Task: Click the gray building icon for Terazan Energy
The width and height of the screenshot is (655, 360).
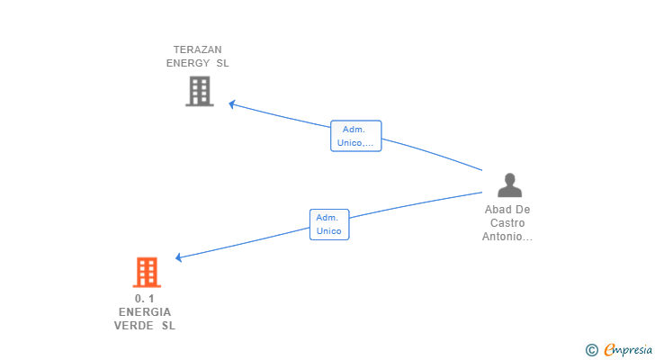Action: pyautogui.click(x=200, y=91)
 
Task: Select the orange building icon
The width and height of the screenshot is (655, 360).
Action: pyautogui.click(x=147, y=272)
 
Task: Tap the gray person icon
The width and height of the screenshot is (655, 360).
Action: pyautogui.click(x=510, y=184)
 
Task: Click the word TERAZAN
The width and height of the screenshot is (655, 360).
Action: pyautogui.click(x=198, y=49)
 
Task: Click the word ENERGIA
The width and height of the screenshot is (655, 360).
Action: pyautogui.click(x=145, y=311)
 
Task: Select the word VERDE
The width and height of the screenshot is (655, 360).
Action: pyautogui.click(x=134, y=325)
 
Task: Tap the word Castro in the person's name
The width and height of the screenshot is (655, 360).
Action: pyautogui.click(x=507, y=223)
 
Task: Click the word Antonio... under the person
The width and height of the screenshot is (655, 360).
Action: pyautogui.click(x=507, y=237)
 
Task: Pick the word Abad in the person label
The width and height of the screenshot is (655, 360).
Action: pyautogui.click(x=499, y=210)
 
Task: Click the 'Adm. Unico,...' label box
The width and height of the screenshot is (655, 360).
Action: pyautogui.click(x=356, y=136)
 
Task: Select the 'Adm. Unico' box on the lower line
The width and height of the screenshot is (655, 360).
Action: pyautogui.click(x=328, y=224)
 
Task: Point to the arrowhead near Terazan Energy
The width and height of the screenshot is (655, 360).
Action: pyautogui.click(x=231, y=104)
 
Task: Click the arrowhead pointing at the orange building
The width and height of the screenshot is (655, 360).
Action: pyautogui.click(x=179, y=257)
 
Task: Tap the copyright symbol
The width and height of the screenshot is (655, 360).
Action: pyautogui.click(x=591, y=350)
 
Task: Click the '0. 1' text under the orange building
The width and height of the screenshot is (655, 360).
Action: pyautogui.click(x=145, y=298)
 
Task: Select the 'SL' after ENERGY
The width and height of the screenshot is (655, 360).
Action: pyautogui.click(x=222, y=63)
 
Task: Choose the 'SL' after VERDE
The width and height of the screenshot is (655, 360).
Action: pyautogui.click(x=168, y=325)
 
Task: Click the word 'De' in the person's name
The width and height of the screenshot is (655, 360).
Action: pyautogui.click(x=522, y=210)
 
